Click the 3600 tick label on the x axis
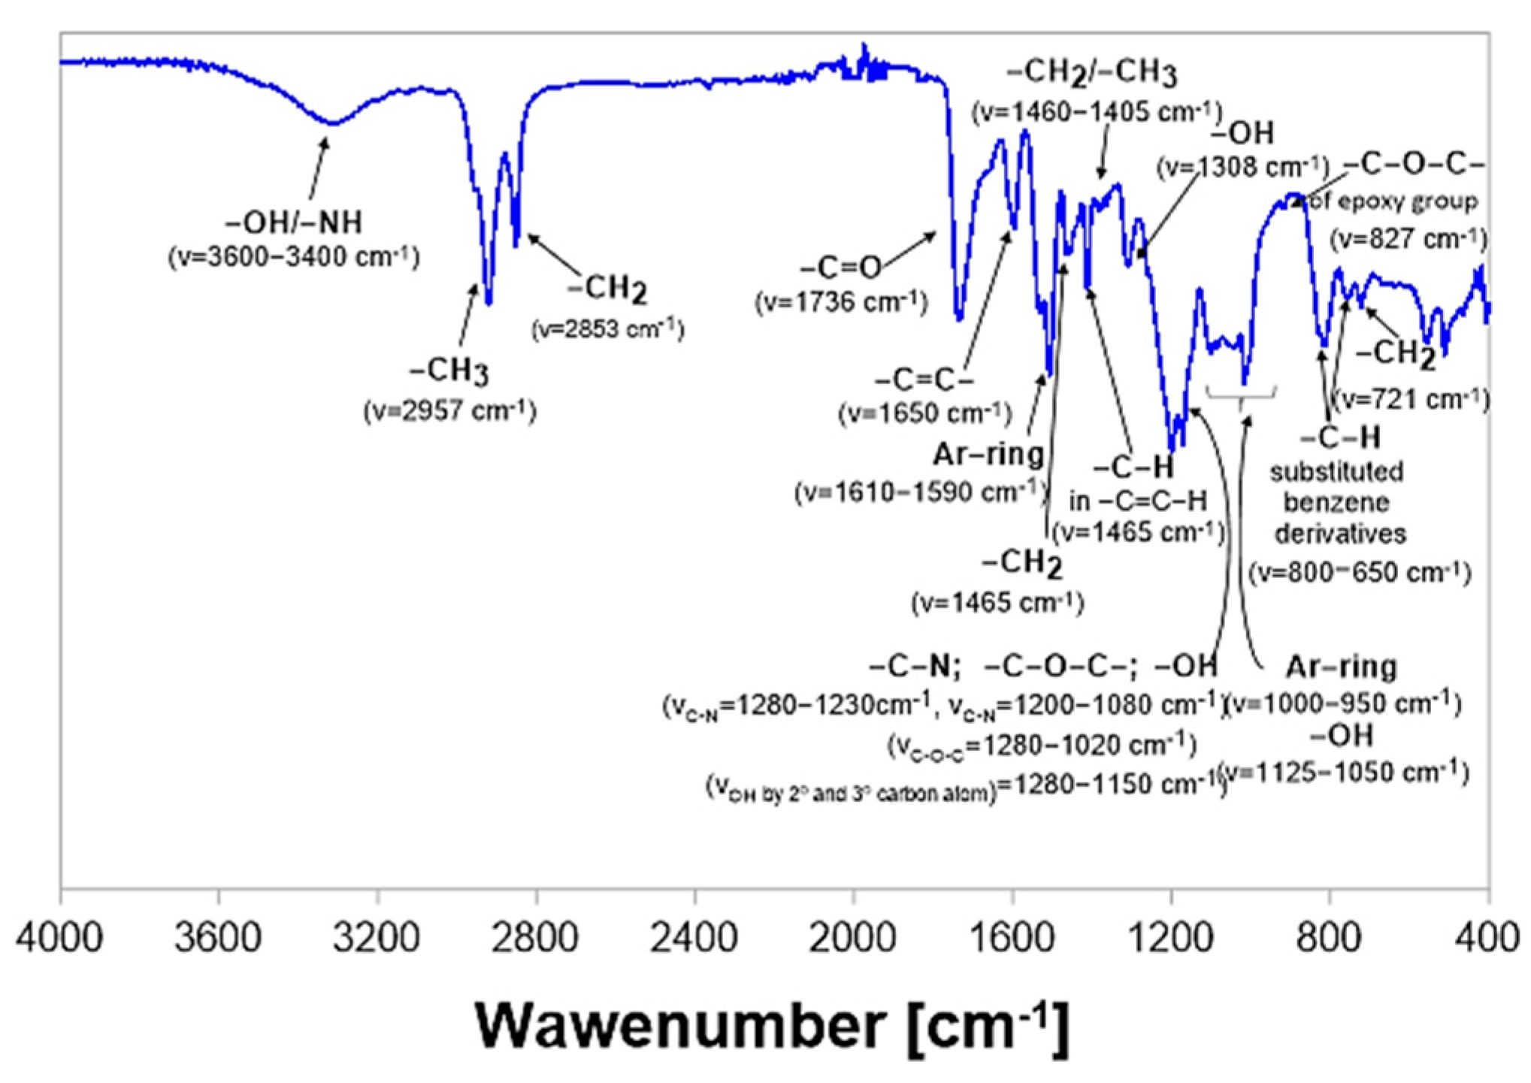click(218, 937)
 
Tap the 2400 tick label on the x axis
click(694, 937)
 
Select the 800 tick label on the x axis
click(1330, 937)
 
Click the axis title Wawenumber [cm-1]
click(772, 1026)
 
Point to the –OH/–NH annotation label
click(294, 222)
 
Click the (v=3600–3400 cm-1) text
click(294, 256)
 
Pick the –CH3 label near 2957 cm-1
click(449, 371)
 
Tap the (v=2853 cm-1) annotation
click(607, 329)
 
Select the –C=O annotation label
click(840, 267)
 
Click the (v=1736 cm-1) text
click(841, 302)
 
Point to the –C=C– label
click(924, 380)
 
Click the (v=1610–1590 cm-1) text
click(921, 492)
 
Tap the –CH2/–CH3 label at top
click(1091, 73)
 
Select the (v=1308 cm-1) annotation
click(1242, 167)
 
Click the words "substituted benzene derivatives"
click(1338, 502)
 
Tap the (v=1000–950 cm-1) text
click(1343, 704)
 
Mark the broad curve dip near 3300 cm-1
click(331, 122)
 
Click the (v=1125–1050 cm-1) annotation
click(1343, 772)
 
